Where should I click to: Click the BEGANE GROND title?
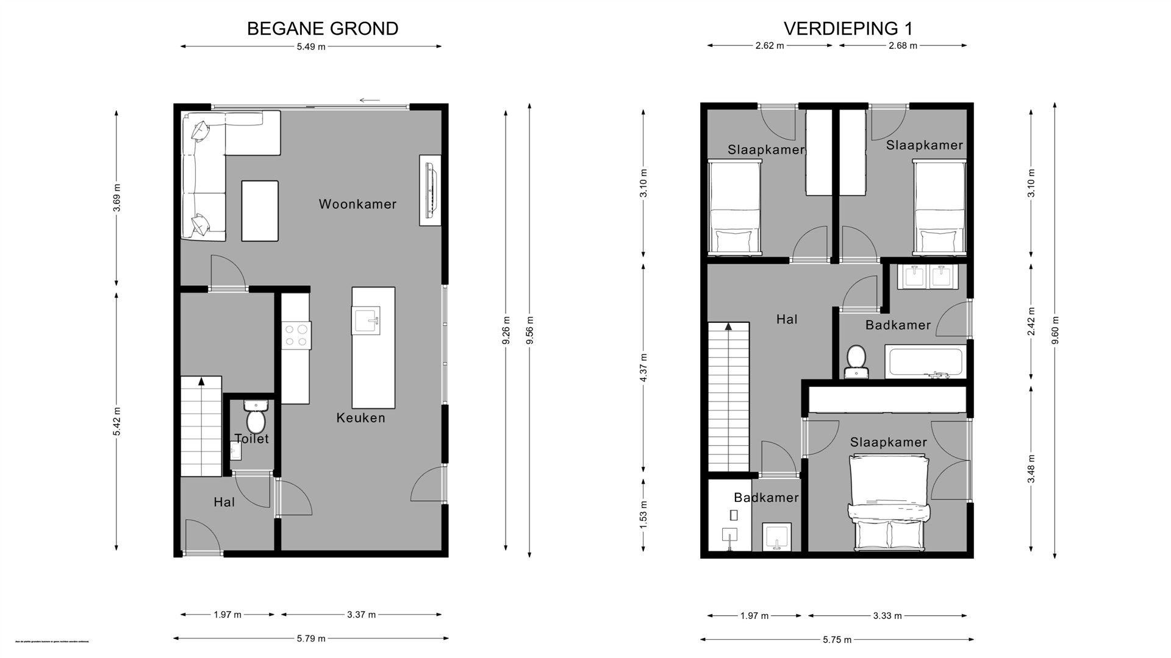point(322,29)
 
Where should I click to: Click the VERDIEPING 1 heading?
point(848,29)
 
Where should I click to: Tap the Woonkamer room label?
point(357,204)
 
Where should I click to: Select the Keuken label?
point(360,418)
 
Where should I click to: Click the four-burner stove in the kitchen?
point(296,335)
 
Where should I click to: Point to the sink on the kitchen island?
point(366,320)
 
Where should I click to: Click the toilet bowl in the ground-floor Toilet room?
point(256,420)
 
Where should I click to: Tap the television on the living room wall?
point(431,189)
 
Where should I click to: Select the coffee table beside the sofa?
point(260,211)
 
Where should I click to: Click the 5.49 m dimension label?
point(311,47)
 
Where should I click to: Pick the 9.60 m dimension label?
point(1055,330)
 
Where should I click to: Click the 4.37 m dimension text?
point(644,367)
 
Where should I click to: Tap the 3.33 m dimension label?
point(887,616)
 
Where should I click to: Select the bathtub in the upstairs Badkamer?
point(925,362)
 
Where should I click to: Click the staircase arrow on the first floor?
point(728,327)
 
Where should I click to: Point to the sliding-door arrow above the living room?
point(370,101)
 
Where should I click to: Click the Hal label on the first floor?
point(787,319)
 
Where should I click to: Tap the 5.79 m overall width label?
point(311,639)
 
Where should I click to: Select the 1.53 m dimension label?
point(644,514)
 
